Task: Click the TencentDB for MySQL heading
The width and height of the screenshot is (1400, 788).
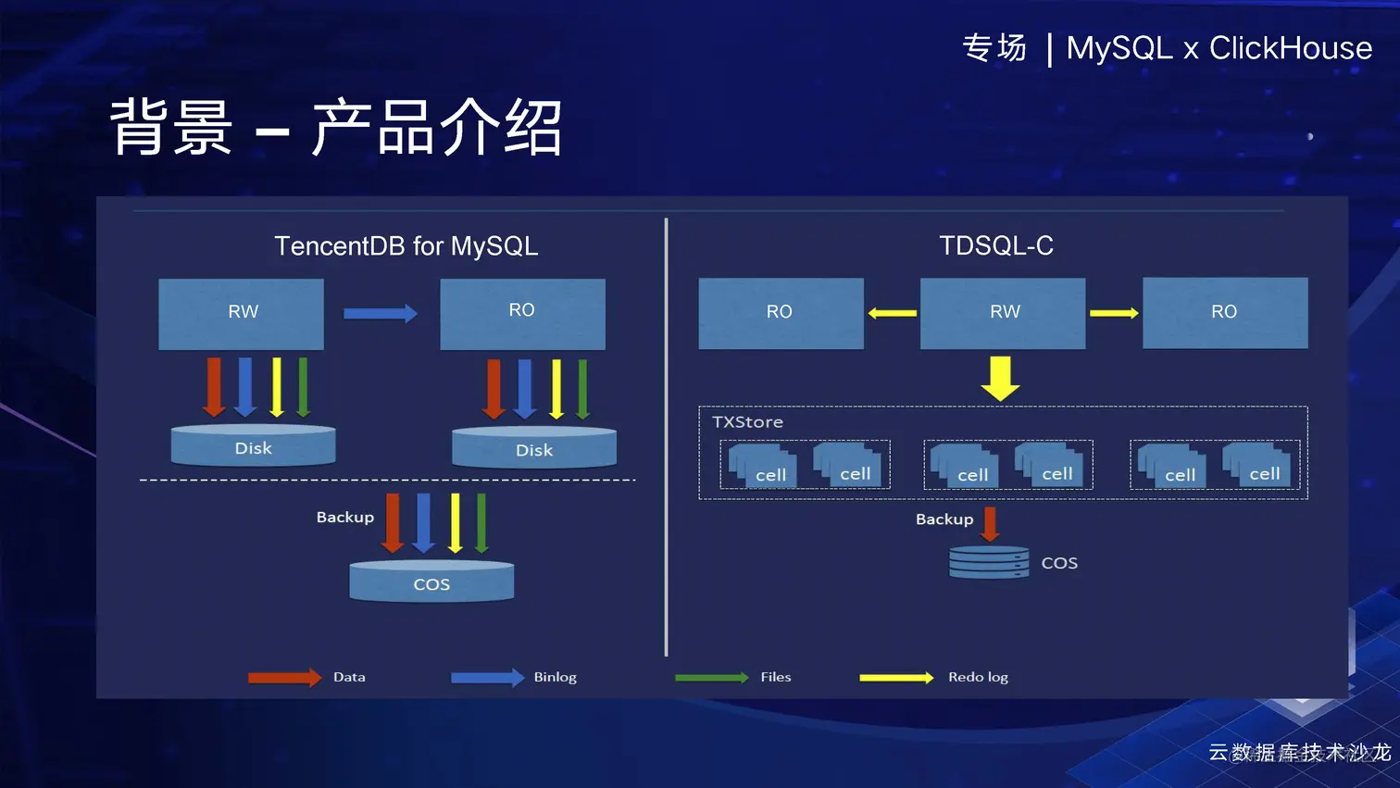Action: tap(406, 245)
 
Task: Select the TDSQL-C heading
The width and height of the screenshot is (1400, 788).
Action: tap(996, 245)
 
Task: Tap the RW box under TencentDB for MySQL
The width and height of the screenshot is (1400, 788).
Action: tap(242, 313)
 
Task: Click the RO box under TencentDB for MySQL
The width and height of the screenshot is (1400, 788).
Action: tap(522, 313)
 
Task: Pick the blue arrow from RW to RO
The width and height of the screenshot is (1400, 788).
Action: tap(380, 314)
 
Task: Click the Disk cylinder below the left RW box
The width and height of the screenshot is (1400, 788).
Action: tap(253, 446)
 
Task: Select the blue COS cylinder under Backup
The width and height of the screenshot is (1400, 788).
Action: tap(431, 582)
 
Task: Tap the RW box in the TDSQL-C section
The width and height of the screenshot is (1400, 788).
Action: tap(1003, 313)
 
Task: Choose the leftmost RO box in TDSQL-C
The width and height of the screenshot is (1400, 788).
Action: tap(781, 313)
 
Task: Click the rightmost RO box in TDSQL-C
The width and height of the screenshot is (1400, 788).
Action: tap(1225, 313)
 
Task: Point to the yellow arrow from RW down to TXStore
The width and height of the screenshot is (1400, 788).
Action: tap(1000, 378)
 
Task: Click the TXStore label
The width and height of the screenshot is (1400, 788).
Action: tap(747, 422)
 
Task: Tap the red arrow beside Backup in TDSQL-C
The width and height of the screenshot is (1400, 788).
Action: tap(990, 523)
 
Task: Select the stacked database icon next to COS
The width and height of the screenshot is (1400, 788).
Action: tap(989, 562)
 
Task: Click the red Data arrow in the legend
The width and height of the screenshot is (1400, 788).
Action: tap(284, 678)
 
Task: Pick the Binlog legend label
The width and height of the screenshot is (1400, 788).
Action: tap(555, 677)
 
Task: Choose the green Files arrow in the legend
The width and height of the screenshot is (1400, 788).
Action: tap(711, 678)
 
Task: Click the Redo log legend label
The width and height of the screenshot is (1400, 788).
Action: tap(978, 677)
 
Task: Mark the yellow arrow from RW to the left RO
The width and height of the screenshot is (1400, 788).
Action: tap(892, 313)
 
